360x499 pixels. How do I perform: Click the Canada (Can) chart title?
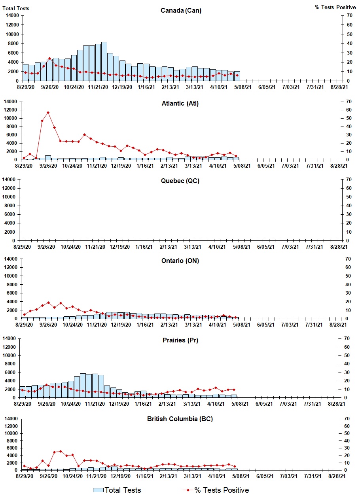click(x=181, y=10)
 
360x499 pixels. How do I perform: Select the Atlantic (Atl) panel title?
click(x=180, y=104)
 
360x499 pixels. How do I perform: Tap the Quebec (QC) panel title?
click(x=180, y=181)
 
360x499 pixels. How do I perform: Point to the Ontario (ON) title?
click(x=180, y=261)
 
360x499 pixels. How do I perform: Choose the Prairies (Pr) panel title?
click(x=180, y=340)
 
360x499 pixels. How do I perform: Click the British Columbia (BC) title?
click(x=180, y=419)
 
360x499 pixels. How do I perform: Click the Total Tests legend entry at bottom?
click(x=117, y=490)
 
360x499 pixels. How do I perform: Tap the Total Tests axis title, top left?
click(x=16, y=8)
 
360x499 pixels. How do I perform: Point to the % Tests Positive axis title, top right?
click(x=335, y=8)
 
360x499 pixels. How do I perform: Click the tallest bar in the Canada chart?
click(x=104, y=61)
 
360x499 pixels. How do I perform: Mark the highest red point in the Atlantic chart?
click(x=48, y=112)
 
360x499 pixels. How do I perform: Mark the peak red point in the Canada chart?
click(x=49, y=59)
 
